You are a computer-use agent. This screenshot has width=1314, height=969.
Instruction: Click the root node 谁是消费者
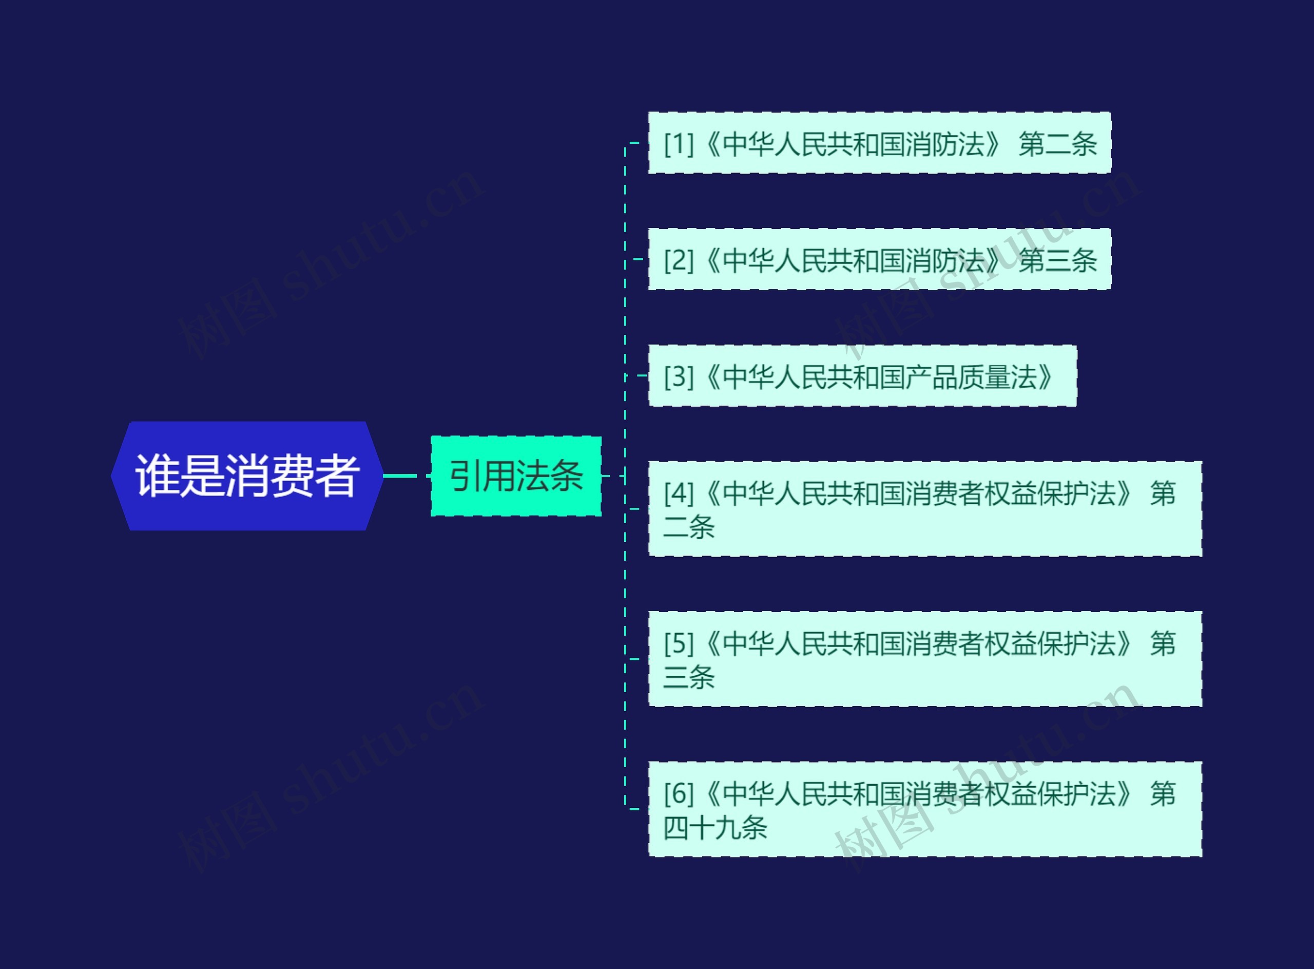[247, 476]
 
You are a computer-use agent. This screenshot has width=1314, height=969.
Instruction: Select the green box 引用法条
[515, 476]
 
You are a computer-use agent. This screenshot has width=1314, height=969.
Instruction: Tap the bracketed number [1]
[679, 144]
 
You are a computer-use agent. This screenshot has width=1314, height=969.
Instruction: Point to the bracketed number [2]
[679, 260]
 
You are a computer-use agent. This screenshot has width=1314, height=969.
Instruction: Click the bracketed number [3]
[679, 376]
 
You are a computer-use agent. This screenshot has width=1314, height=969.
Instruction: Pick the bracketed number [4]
[679, 493]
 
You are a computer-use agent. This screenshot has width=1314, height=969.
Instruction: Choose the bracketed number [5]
[679, 643]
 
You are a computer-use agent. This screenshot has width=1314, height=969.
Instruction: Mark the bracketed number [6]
[679, 793]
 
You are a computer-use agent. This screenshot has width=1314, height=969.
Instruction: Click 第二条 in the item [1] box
[1057, 144]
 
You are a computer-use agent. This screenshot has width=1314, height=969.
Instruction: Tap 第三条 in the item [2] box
[1057, 260]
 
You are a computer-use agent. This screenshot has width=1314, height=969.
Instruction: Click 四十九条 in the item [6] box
[715, 828]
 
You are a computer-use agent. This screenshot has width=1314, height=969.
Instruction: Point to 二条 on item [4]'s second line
[689, 527]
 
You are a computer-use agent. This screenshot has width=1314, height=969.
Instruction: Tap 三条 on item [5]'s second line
[689, 677]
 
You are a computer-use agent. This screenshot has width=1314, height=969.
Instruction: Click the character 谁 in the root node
[156, 476]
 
